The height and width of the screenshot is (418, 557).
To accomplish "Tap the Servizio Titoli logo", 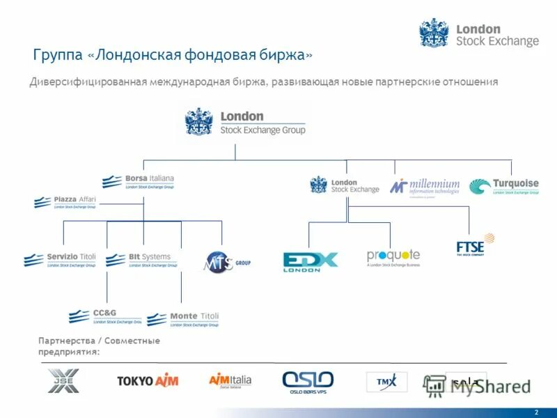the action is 60,260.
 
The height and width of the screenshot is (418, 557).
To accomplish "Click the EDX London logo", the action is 310,261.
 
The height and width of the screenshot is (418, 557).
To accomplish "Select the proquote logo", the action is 393,258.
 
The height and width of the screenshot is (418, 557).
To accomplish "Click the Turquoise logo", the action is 503,187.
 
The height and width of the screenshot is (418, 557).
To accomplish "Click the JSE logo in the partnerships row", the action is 63,380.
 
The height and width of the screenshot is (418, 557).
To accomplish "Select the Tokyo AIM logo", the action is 148,381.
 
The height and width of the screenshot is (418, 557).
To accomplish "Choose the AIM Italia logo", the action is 230,381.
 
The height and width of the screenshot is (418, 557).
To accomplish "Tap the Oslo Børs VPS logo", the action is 308,382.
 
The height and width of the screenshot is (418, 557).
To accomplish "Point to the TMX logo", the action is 386,382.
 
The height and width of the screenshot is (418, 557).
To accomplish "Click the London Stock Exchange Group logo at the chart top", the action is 245,122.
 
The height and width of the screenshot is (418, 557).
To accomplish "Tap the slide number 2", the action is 536,412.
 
